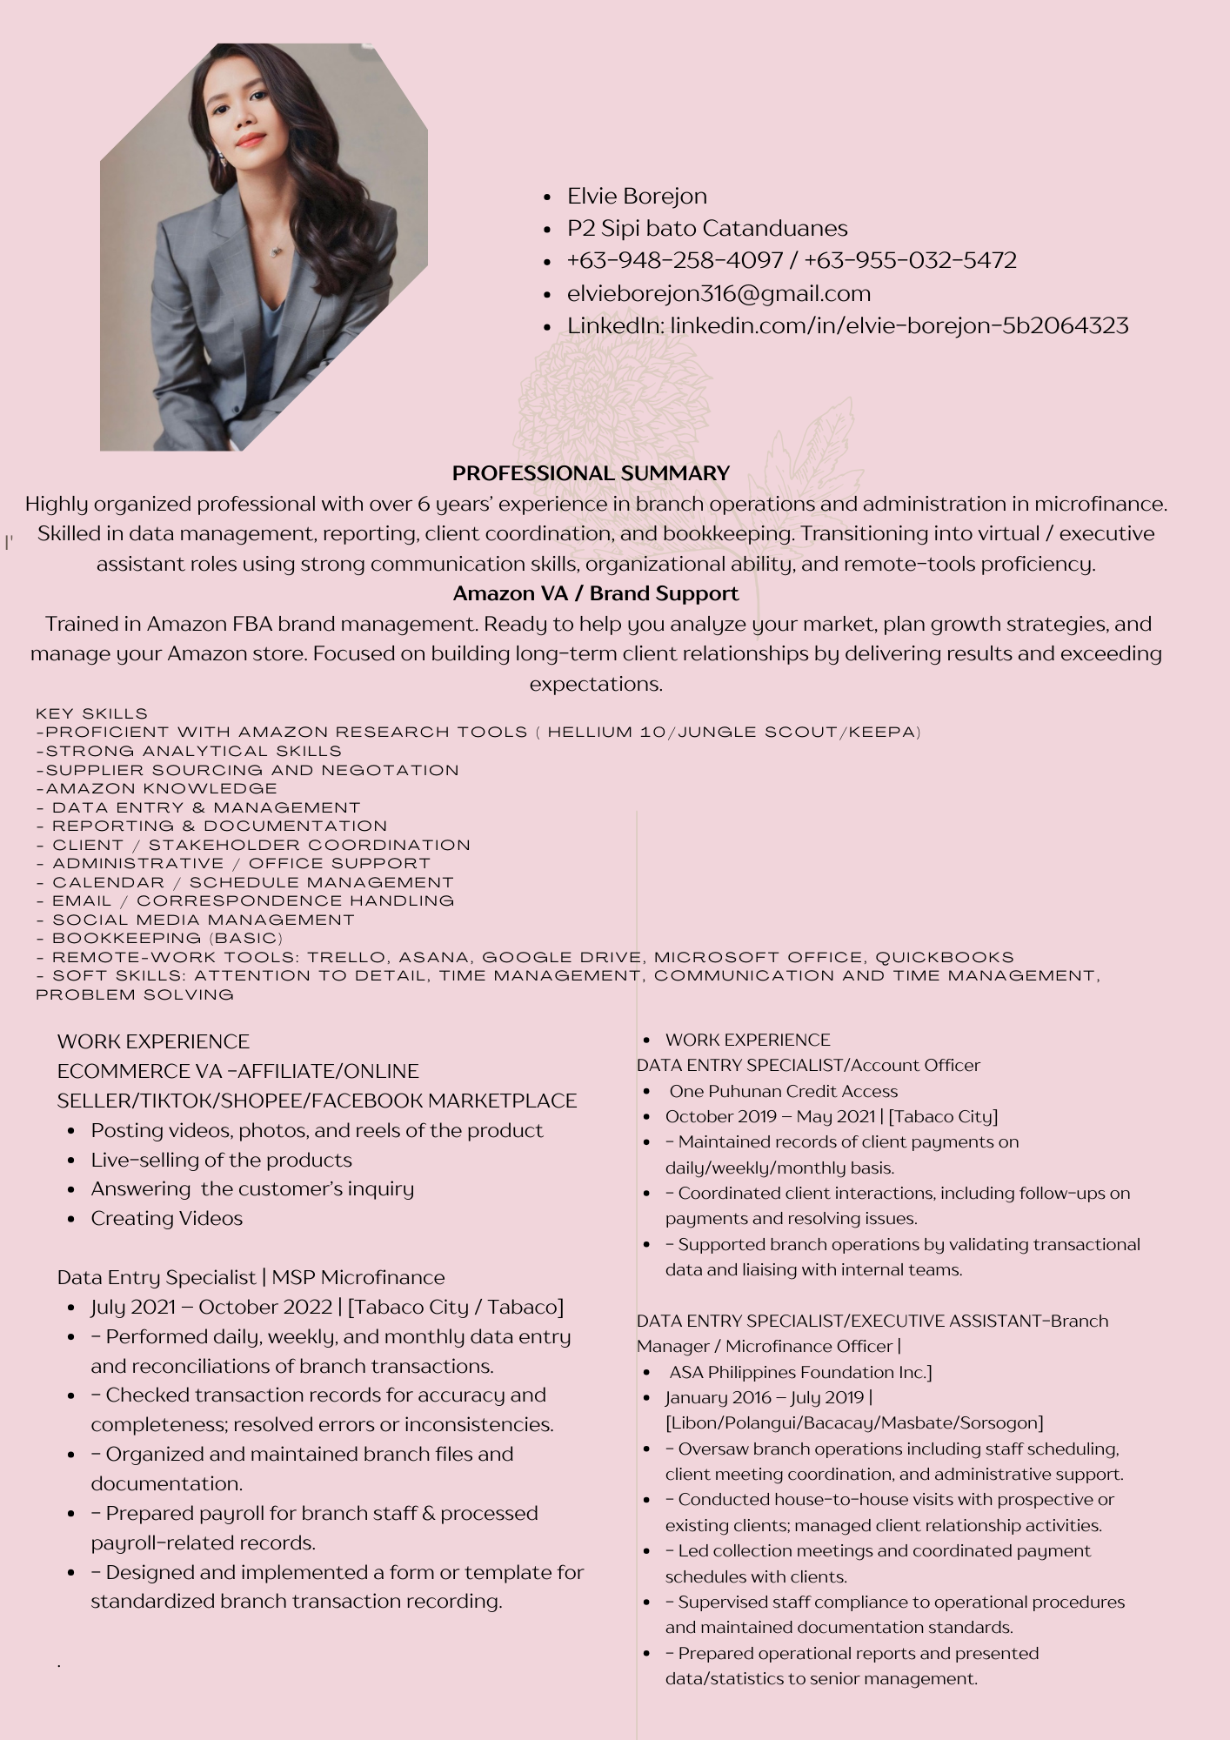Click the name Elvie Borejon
pyautogui.click(x=637, y=196)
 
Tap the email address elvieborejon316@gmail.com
pyautogui.click(x=719, y=293)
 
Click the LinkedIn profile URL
pyautogui.click(x=899, y=325)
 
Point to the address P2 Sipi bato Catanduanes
pyautogui.click(x=707, y=228)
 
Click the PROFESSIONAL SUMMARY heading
pyautogui.click(x=591, y=473)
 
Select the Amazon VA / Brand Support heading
pyautogui.click(x=596, y=593)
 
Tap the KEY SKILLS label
pyautogui.click(x=92, y=713)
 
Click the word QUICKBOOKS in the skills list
pyautogui.click(x=945, y=957)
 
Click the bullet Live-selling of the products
pyautogui.click(x=221, y=1160)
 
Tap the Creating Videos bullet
pyautogui.click(x=166, y=1218)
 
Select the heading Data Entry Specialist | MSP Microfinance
pyautogui.click(x=251, y=1277)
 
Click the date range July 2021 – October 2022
pyautogui.click(x=211, y=1307)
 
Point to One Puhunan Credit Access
pyautogui.click(x=783, y=1091)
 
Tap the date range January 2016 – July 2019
pyautogui.click(x=765, y=1397)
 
